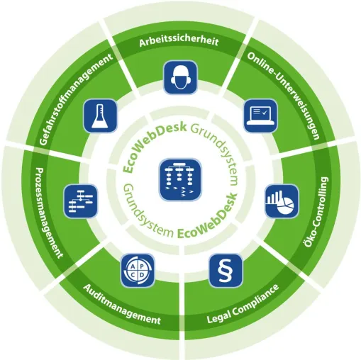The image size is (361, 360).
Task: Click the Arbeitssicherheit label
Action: pyautogui.click(x=179, y=42)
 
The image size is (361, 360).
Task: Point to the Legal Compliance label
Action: pyautogui.click(x=243, y=304)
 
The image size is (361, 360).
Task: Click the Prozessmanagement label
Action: pyautogui.click(x=49, y=213)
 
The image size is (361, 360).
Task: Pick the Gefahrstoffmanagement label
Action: pyautogui.click(x=76, y=99)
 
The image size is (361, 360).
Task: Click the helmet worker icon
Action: pyautogui.click(x=180, y=77)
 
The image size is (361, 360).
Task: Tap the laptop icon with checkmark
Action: pyautogui.click(x=260, y=116)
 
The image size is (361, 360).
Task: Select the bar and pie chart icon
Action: pyautogui.click(x=282, y=201)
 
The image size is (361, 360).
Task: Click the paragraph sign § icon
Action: pyautogui.click(x=226, y=271)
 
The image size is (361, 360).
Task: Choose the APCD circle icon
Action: pyautogui.click(x=138, y=271)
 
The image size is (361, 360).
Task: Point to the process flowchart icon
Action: pyautogui.click(x=81, y=201)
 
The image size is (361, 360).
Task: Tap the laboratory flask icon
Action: pyautogui.click(x=100, y=116)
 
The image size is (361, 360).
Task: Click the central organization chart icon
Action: pyautogui.click(x=180, y=179)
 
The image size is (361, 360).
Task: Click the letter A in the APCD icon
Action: pyautogui.click(x=133, y=266)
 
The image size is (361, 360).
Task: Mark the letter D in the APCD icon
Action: pyautogui.click(x=142, y=275)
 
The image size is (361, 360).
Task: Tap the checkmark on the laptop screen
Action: pyautogui.click(x=265, y=112)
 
